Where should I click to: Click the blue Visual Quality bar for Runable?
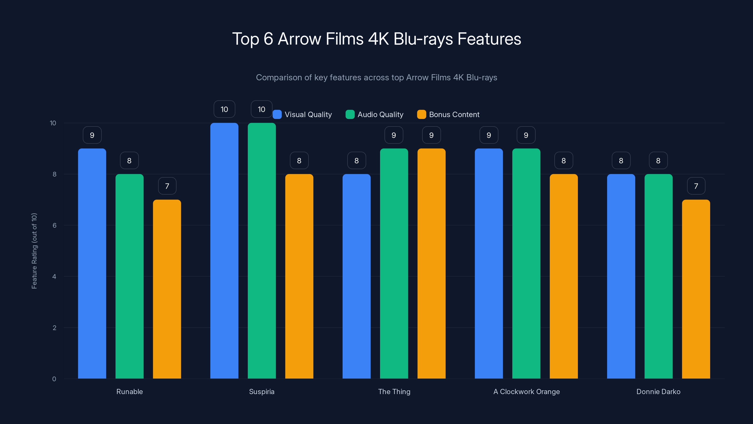pos(92,263)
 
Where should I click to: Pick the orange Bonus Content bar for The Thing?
pos(432,263)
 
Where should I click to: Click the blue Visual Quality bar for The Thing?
pos(356,276)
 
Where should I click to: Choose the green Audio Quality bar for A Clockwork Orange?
pos(526,263)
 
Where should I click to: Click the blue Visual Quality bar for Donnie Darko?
pos(621,276)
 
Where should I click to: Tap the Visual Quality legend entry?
pos(303,114)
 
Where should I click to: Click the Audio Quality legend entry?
pos(375,114)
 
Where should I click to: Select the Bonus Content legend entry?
pos(449,114)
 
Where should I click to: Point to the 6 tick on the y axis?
pos(54,225)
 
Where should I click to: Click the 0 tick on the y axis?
pos(54,379)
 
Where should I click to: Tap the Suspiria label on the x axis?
pos(262,391)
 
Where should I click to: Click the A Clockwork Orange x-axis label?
pos(526,391)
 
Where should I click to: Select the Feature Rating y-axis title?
pos(34,251)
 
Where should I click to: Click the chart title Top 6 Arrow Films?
pos(376,39)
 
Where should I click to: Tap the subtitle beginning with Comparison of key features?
pos(376,77)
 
